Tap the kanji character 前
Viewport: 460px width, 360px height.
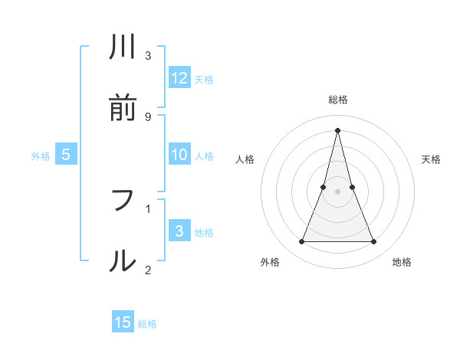pyautogui.click(x=123, y=109)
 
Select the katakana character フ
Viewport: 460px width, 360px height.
pyautogui.click(x=123, y=201)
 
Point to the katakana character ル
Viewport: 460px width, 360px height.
pyautogui.click(x=123, y=261)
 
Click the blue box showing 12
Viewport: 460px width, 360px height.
pyautogui.click(x=179, y=77)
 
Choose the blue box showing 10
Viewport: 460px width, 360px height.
pyautogui.click(x=179, y=155)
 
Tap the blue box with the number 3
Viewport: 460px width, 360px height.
pyautogui.click(x=179, y=231)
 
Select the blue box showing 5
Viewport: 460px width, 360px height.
pyautogui.click(x=66, y=155)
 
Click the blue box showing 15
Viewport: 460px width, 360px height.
pyautogui.click(x=123, y=322)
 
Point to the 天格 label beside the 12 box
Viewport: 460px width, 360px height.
pyautogui.click(x=204, y=80)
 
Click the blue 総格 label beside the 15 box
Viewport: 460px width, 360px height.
pyautogui.click(x=147, y=324)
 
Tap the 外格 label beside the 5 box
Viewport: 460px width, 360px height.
pyautogui.click(x=41, y=156)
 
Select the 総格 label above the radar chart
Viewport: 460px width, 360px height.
pyautogui.click(x=338, y=100)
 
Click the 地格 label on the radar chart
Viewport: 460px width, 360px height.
pyautogui.click(x=402, y=263)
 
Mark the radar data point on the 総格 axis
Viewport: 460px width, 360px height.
pyautogui.click(x=337, y=129)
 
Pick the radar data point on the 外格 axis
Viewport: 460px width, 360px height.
pyautogui.click(x=301, y=242)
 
